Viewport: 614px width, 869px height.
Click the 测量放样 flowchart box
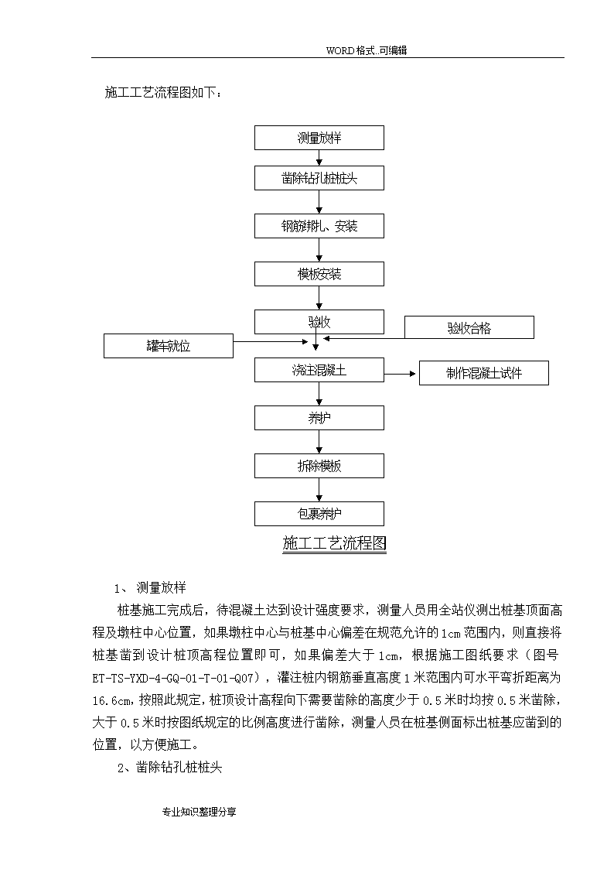319,138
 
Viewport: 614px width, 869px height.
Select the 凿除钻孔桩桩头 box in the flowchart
319,178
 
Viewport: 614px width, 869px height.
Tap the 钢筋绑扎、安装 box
319,226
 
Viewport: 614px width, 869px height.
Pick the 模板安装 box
319,274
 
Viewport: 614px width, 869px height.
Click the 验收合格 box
469,327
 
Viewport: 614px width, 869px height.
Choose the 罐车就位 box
169,346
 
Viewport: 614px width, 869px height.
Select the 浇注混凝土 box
319,370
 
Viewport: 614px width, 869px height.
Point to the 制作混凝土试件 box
484,373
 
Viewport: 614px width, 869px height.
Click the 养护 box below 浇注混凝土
319,418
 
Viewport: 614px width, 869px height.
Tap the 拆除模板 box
319,466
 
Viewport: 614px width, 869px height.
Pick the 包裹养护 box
319,514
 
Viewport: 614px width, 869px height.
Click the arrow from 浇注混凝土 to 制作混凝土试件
400,374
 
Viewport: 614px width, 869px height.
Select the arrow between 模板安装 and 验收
319,298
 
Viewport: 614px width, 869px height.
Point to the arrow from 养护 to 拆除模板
319,442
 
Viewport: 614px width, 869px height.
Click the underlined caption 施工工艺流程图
334,543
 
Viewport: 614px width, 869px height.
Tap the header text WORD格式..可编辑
367,50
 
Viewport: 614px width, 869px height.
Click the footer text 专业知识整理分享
200,812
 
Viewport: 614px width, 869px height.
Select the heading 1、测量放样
150,587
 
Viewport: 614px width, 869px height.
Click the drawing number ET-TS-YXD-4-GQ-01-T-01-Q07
172,678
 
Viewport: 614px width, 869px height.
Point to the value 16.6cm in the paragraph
111,700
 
